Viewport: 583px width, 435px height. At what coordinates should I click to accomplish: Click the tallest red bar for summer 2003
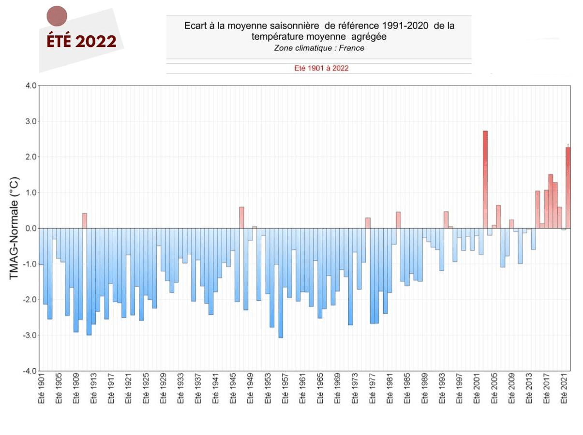(x=485, y=179)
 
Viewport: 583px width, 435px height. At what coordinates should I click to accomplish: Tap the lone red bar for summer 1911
(x=85, y=220)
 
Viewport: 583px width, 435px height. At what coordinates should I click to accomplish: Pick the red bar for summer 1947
(x=241, y=217)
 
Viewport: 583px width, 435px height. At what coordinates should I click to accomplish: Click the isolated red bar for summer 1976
(x=368, y=223)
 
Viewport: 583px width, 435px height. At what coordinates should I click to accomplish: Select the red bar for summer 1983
(x=398, y=220)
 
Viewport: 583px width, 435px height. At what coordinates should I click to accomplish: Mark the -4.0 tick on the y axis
(x=30, y=371)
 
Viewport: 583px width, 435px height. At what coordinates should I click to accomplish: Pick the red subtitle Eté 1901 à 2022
(x=321, y=68)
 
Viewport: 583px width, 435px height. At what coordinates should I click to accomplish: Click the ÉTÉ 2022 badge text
(x=81, y=42)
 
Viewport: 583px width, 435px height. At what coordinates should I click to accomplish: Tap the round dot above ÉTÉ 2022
(x=56, y=16)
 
